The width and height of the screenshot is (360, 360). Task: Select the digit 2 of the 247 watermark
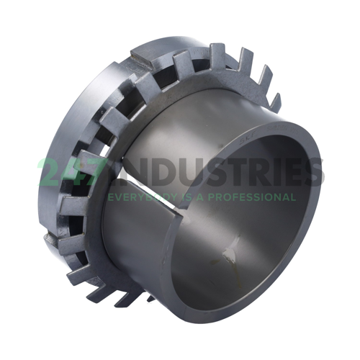[x=50, y=173]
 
